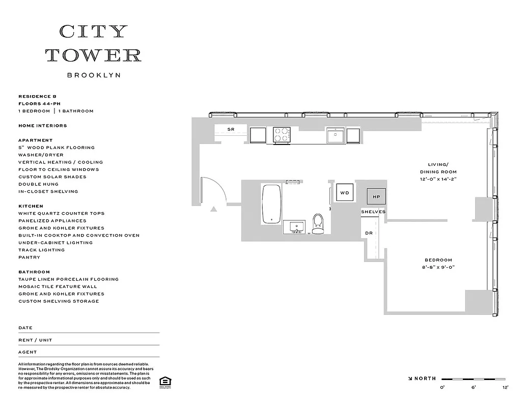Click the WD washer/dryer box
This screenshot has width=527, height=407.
[345, 193]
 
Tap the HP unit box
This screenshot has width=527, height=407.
[376, 196]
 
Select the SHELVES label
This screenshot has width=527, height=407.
[373, 212]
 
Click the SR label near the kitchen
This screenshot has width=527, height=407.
[231, 130]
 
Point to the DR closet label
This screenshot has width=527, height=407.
[369, 234]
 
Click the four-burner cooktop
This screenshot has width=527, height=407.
[282, 135]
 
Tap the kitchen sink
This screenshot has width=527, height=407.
[336, 136]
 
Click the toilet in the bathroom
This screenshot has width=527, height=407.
[318, 223]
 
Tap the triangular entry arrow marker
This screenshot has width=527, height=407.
[214, 208]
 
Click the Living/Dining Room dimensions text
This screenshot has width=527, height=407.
[438, 179]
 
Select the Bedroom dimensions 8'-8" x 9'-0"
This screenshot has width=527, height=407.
[438, 267]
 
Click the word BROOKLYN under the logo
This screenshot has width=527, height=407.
[94, 75]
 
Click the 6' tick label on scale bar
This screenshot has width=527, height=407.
[474, 388]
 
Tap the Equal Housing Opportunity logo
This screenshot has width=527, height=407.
[165, 382]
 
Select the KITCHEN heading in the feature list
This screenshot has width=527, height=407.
[31, 206]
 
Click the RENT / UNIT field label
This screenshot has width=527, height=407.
[35, 340]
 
